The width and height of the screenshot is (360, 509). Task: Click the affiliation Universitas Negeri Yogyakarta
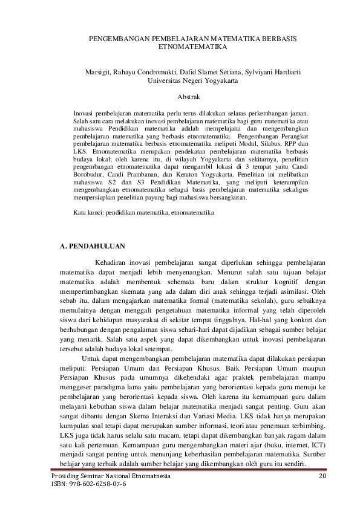(x=192, y=80)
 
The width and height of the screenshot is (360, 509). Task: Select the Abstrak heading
(x=191, y=96)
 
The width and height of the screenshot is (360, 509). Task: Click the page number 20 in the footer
(x=322, y=476)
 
